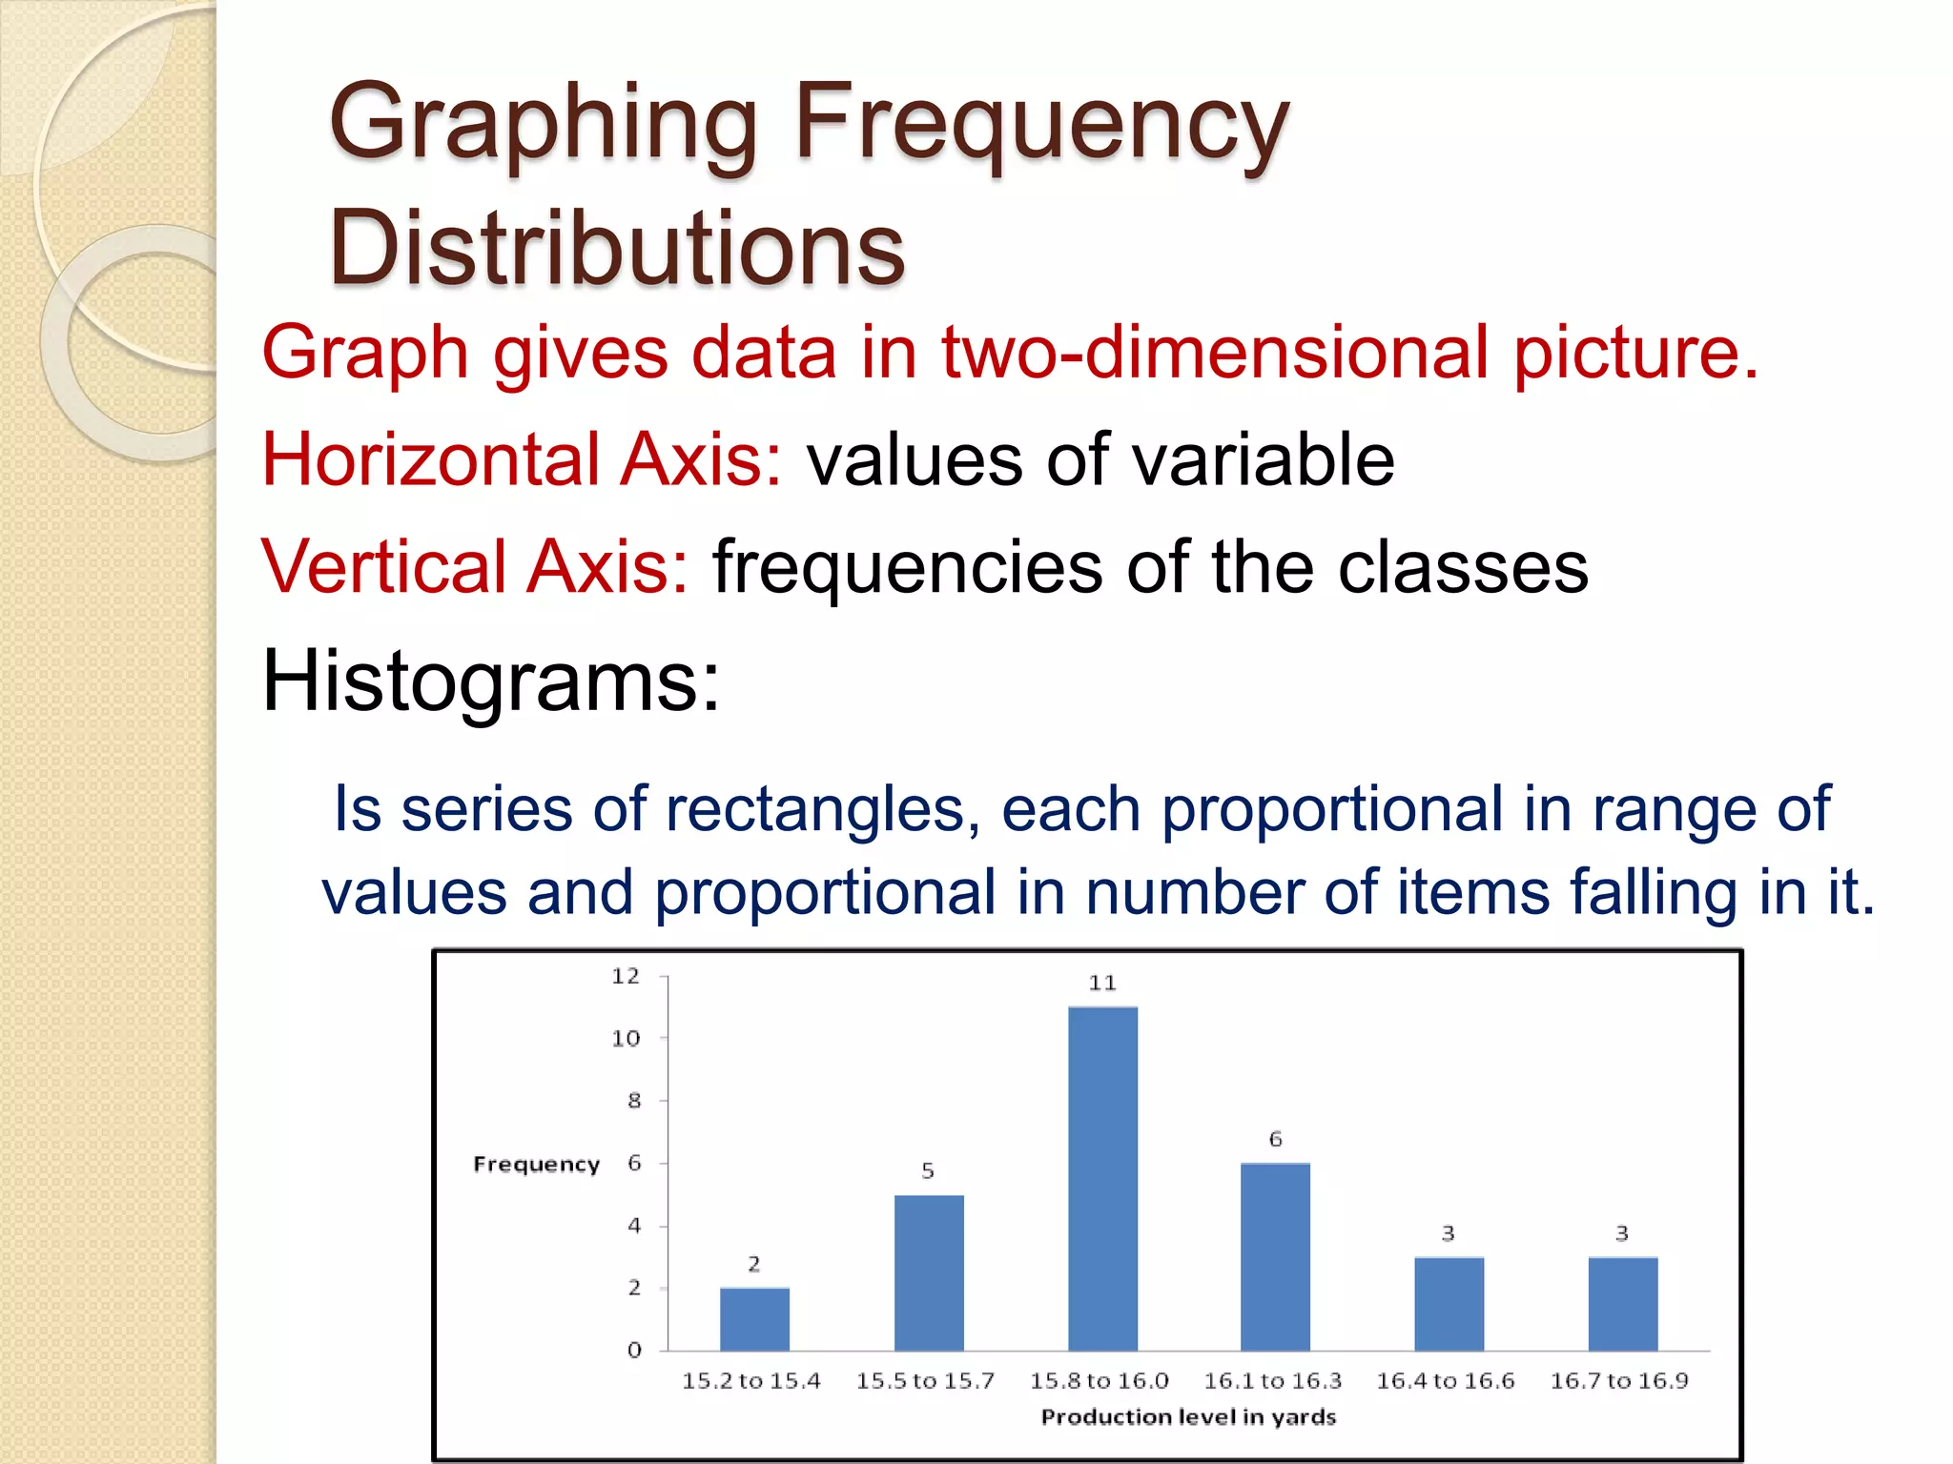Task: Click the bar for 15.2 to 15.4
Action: click(x=754, y=1319)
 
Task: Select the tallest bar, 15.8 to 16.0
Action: click(x=1102, y=1179)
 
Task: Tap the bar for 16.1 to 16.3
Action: click(x=1275, y=1257)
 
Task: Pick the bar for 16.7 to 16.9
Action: click(x=1622, y=1304)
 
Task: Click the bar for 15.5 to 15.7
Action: click(x=929, y=1272)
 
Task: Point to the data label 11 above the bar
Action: click(x=1102, y=983)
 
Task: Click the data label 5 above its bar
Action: click(x=928, y=1170)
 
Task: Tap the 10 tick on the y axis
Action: click(x=626, y=1038)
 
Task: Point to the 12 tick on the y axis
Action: click(x=626, y=976)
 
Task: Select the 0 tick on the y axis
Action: click(x=634, y=1350)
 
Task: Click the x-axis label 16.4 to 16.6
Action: click(x=1445, y=1381)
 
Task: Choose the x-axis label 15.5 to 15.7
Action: click(x=925, y=1381)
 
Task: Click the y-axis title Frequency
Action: click(x=537, y=1165)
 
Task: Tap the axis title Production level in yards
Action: click(x=1188, y=1417)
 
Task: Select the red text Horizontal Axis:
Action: click(x=522, y=459)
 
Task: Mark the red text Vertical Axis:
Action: click(x=474, y=567)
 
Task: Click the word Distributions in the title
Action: click(x=617, y=248)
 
